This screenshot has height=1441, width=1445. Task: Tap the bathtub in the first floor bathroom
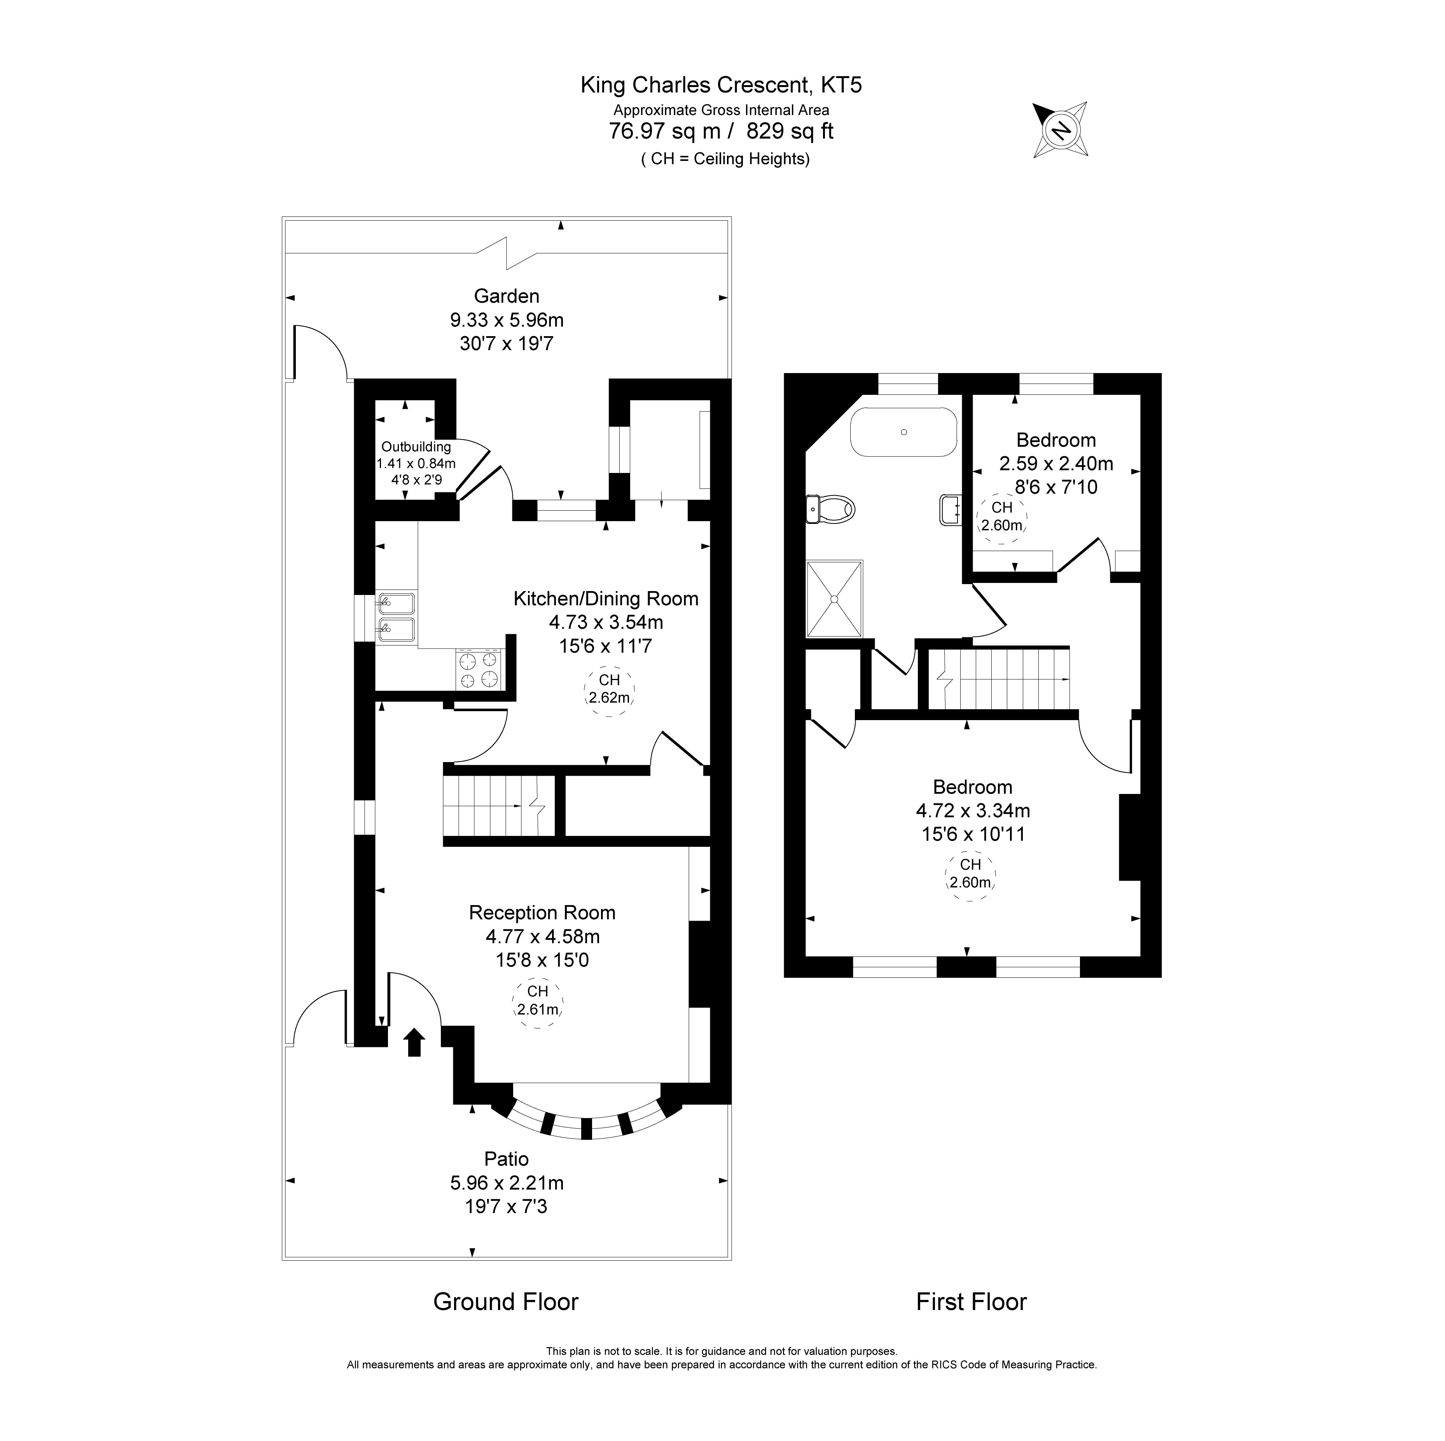click(903, 432)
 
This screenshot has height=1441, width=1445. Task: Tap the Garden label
click(506, 296)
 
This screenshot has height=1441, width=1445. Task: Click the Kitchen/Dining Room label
click(606, 598)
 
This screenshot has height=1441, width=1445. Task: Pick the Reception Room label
click(542, 912)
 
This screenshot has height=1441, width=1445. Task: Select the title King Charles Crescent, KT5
click(721, 85)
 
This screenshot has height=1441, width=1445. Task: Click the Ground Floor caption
click(506, 1302)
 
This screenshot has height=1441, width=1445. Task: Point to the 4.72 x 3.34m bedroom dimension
click(972, 810)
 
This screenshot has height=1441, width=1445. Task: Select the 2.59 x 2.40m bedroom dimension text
click(1056, 464)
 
